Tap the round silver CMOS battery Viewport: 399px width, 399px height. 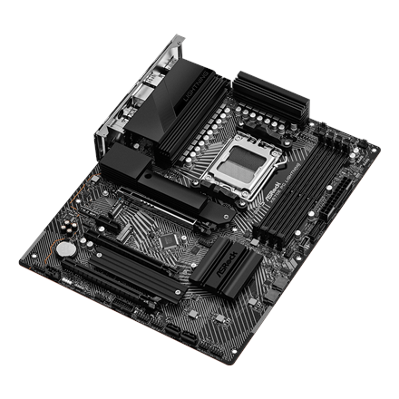[64, 248]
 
